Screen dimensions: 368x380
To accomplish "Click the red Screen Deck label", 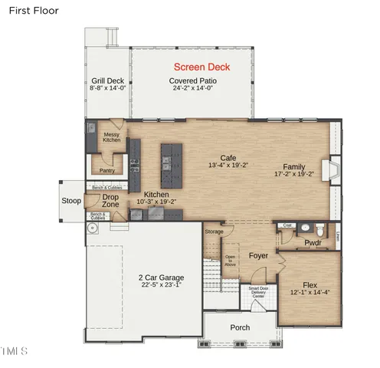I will [202, 67].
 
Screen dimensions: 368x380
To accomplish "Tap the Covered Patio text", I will [192, 80].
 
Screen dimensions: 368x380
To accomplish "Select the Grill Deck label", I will [107, 80].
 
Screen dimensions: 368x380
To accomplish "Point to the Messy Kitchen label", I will [113, 137].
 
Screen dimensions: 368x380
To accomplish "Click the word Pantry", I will [107, 170].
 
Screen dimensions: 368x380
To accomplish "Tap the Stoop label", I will [71, 202].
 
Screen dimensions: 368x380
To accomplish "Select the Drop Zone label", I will [110, 201].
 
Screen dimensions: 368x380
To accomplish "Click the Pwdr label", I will [313, 244].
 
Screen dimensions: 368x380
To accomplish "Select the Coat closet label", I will [287, 225].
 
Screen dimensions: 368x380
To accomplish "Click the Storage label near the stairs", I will [215, 232].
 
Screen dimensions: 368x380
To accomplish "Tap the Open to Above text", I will [230, 260].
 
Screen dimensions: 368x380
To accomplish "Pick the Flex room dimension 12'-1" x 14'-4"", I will [310, 292].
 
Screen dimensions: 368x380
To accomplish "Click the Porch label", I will [240, 327].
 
